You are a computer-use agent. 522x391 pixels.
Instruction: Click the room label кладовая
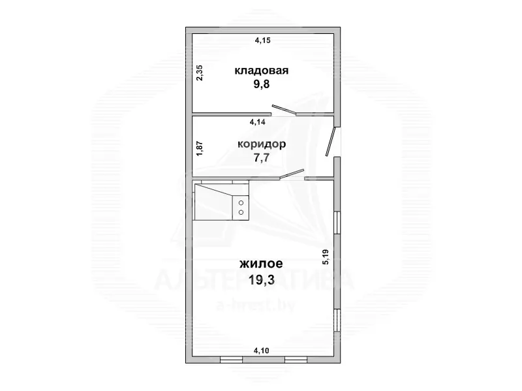pyautogui.click(x=262, y=70)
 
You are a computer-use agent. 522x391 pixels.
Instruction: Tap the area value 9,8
pyautogui.click(x=262, y=84)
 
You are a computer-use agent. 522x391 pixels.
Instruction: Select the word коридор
pyautogui.click(x=262, y=144)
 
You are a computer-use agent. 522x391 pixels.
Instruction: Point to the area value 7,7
pyautogui.click(x=262, y=157)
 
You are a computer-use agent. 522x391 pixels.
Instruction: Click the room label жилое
pyautogui.click(x=262, y=264)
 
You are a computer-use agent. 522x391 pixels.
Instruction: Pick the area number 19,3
pyautogui.click(x=262, y=280)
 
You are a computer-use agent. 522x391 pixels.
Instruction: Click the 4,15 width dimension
pyautogui.click(x=263, y=40)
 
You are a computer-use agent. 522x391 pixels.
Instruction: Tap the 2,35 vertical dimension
pyautogui.click(x=200, y=72)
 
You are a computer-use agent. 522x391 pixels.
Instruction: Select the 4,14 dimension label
pyautogui.click(x=258, y=122)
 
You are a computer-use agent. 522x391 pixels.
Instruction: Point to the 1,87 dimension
pyautogui.click(x=200, y=149)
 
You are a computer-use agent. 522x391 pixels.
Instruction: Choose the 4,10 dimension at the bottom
pyautogui.click(x=262, y=351)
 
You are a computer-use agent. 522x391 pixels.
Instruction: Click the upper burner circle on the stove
pyautogui.click(x=241, y=203)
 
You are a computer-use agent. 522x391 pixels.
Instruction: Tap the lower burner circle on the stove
pyautogui.click(x=241, y=212)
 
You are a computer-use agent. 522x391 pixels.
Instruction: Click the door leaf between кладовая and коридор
pyautogui.click(x=284, y=110)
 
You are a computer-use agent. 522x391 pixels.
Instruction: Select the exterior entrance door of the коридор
pyautogui.click(x=331, y=142)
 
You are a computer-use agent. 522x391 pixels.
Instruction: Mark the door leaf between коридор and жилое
pyautogui.click(x=292, y=174)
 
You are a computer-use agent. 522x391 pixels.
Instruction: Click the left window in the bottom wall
pyautogui.click(x=232, y=360)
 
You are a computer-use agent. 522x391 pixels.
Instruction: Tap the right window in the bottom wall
pyautogui.click(x=296, y=360)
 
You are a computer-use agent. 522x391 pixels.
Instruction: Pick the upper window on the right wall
pyautogui.click(x=337, y=223)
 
